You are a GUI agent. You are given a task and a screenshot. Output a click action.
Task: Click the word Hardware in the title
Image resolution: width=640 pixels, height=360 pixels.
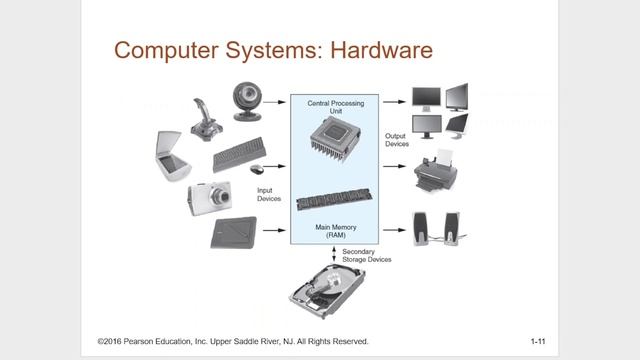[x=381, y=50]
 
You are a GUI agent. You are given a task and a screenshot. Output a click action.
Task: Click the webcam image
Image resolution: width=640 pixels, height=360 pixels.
[x=247, y=102]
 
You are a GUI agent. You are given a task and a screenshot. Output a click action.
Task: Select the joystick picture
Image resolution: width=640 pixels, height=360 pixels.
[x=206, y=120]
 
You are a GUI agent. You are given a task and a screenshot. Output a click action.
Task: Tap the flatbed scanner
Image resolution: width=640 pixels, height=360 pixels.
[x=172, y=156]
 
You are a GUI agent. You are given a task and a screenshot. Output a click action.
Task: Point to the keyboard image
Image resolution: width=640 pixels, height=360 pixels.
[x=240, y=154]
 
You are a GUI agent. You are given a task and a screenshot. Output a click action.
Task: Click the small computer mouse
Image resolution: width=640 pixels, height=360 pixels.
[x=257, y=169]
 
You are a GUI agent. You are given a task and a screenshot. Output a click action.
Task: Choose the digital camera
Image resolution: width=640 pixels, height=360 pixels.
[x=210, y=198]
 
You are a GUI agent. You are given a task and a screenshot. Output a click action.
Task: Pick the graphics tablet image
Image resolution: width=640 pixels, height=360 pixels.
[x=233, y=233]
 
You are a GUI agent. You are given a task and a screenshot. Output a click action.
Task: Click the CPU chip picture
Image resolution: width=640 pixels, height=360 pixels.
[x=335, y=139]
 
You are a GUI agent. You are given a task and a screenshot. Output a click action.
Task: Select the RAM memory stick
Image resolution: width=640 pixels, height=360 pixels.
[x=334, y=199]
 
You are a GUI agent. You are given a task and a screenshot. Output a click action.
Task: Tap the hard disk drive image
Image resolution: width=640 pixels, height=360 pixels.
[x=327, y=291]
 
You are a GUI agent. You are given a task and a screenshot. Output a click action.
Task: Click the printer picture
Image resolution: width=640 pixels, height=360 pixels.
[x=435, y=171]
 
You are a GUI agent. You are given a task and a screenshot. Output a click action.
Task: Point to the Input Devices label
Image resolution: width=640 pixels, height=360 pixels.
[x=269, y=195]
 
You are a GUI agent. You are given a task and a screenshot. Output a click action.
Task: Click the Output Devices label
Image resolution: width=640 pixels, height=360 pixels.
[x=396, y=140]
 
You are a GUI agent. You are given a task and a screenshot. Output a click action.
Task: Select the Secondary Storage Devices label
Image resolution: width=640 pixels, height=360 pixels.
[x=367, y=256]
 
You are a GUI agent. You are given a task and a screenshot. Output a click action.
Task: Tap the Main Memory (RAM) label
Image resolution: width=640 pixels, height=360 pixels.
[x=336, y=231]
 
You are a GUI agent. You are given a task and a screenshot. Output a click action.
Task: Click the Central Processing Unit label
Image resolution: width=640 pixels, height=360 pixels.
[x=336, y=107]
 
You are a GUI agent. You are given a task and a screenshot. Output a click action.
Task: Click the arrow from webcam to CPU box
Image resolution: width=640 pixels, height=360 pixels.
[x=274, y=102]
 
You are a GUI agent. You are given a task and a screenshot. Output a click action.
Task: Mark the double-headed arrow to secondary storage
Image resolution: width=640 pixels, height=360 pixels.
[x=334, y=254]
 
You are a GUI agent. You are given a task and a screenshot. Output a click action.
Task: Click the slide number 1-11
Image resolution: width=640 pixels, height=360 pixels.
[x=538, y=341]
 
